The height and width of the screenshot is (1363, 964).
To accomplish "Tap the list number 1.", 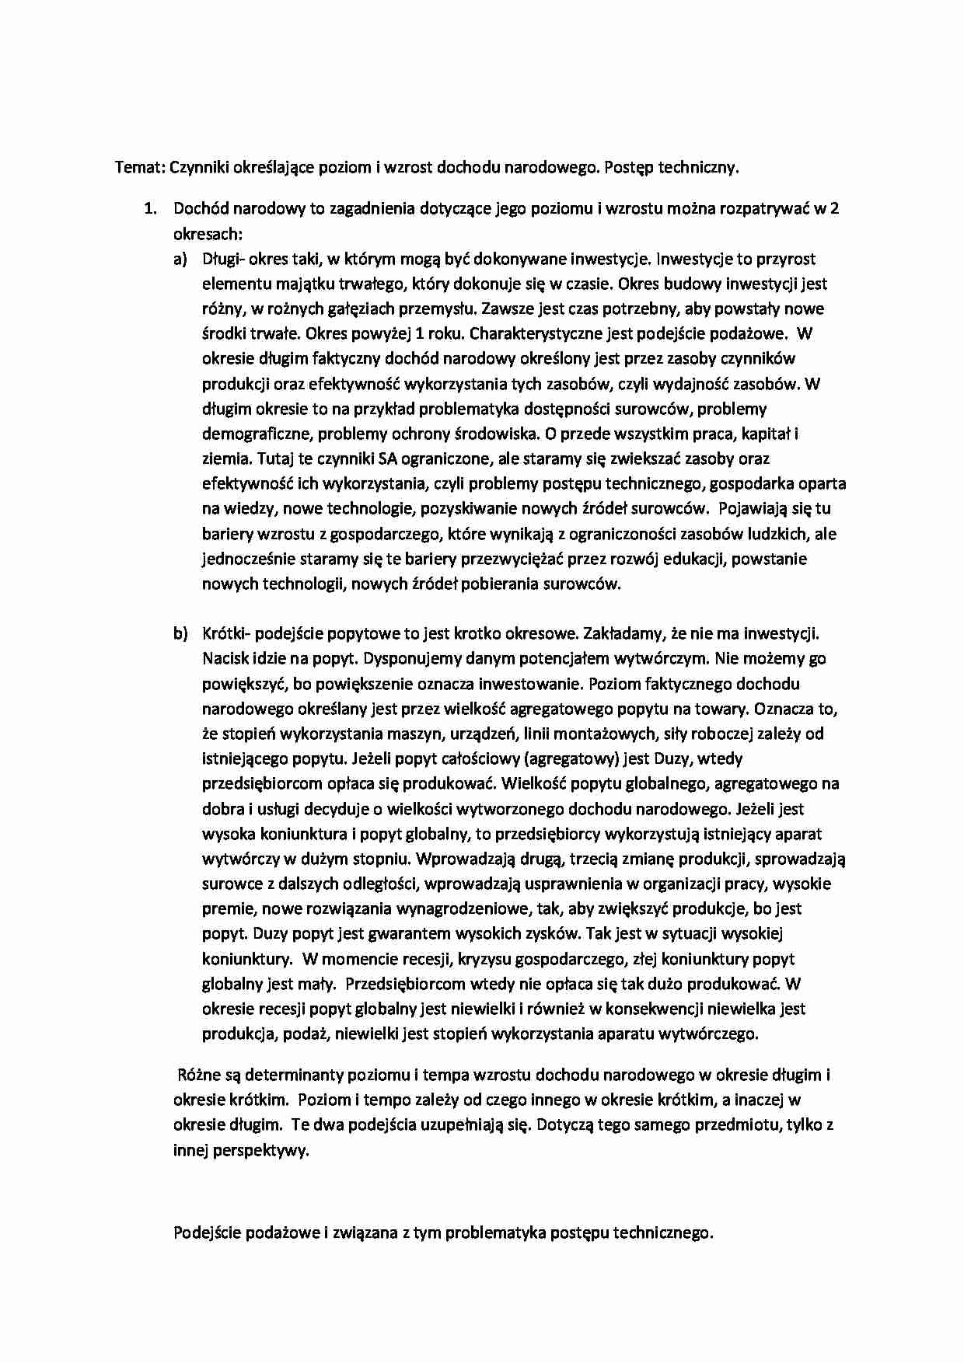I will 149,209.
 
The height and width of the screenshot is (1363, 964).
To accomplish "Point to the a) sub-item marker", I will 180,259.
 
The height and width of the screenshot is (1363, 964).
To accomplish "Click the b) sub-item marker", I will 180,634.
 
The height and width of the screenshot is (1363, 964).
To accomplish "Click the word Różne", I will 199,1075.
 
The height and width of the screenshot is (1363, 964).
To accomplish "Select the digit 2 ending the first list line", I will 835,209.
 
